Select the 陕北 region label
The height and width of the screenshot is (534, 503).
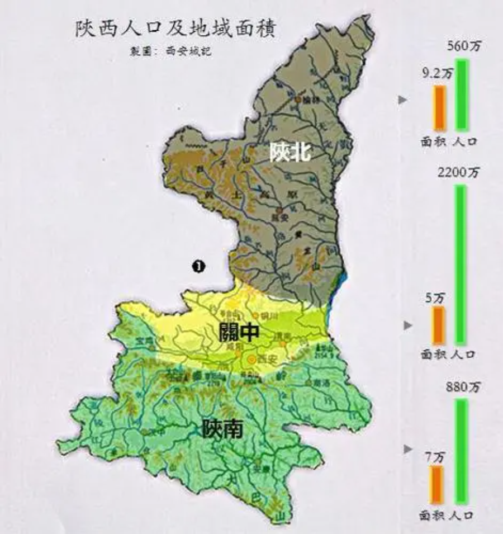coord(290,152)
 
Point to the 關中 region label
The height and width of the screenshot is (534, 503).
coord(239,334)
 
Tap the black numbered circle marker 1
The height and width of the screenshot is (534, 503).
coord(198,266)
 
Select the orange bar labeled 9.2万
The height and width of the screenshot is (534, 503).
coord(439,107)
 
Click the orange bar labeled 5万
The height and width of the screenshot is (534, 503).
coord(439,325)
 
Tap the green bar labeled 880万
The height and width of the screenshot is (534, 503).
coord(461,450)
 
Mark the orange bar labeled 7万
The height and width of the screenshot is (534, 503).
coord(437,484)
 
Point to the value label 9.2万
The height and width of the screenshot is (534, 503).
coord(438,72)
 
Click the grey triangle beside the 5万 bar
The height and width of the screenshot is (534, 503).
coord(409,325)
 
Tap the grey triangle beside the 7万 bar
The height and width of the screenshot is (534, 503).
coord(409,448)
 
